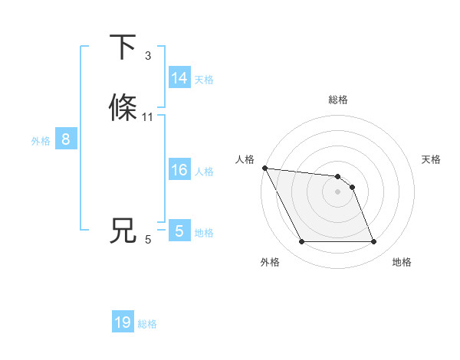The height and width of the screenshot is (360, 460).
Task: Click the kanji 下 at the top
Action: pos(123,47)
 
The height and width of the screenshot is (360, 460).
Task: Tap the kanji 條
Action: pos(123,107)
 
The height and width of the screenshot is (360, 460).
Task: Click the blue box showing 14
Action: pos(179,78)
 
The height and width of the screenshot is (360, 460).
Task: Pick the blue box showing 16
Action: pos(179,170)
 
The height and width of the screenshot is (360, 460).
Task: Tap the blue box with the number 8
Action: pos(66,139)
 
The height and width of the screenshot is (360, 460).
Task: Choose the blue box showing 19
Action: pos(123,322)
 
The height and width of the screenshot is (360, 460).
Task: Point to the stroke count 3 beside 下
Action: pos(148,56)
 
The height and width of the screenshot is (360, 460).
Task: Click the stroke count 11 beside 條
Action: pos(148,117)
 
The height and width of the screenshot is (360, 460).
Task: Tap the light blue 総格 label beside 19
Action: pos(147,324)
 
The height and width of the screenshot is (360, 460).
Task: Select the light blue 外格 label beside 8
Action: pos(41,141)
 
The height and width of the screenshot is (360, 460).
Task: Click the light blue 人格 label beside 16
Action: pos(204,172)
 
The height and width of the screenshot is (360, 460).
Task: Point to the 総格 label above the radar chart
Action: pos(338,100)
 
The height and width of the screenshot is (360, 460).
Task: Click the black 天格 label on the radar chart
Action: pos(431,159)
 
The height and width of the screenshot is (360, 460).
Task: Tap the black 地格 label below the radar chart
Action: pos(402,262)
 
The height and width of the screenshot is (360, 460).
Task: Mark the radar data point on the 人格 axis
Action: pos(264,168)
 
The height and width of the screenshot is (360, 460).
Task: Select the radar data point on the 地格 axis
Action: pos(374,242)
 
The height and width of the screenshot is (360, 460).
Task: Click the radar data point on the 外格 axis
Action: pos(301,242)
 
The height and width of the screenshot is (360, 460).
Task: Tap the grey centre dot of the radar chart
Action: pos(338,191)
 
